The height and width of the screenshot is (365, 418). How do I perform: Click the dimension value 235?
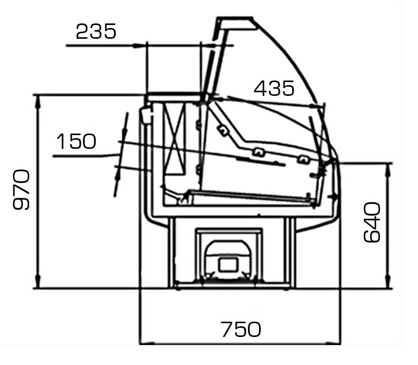tap(96, 31)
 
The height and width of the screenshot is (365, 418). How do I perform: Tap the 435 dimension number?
tap(274, 88)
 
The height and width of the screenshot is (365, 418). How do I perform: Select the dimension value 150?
tap(76, 141)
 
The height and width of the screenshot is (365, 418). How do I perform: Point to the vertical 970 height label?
tap(21, 190)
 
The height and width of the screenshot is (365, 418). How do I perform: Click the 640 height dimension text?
tap(372, 222)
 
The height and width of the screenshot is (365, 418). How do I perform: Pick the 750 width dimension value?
tap(241, 329)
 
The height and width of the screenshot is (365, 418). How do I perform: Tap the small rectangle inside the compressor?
tap(228, 265)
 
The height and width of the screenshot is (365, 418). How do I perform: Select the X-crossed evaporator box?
tap(175, 139)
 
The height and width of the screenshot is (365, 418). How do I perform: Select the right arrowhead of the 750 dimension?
tap(334, 344)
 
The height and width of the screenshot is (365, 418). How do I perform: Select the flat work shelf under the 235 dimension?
tap(175, 94)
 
